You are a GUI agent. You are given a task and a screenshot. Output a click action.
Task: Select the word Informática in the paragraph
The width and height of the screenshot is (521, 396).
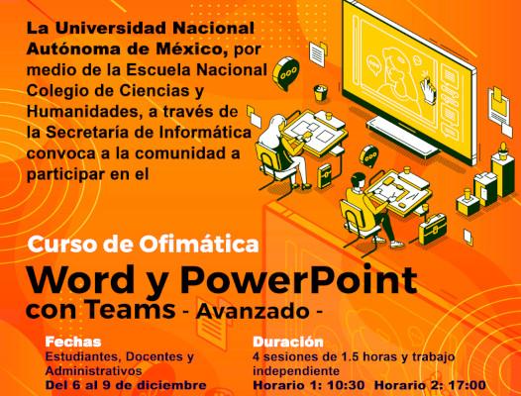(x=205, y=133)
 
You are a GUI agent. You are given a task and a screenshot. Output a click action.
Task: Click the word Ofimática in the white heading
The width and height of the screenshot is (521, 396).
(x=199, y=244)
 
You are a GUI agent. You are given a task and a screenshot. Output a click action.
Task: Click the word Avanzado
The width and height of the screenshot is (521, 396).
(x=253, y=311)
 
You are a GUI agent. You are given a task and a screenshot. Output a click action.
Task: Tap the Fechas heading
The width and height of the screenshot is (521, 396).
(x=73, y=342)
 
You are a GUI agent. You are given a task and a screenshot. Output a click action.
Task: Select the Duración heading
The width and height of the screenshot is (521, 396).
(x=288, y=342)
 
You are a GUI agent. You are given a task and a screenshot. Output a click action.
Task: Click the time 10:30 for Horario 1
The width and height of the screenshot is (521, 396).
(x=347, y=385)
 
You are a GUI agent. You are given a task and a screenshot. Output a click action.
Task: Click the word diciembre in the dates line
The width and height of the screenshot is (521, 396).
(x=171, y=385)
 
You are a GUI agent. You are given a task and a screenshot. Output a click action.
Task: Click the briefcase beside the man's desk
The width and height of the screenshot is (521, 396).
(x=433, y=229)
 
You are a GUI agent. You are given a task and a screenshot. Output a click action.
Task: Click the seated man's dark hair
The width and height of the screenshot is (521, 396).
(x=359, y=179)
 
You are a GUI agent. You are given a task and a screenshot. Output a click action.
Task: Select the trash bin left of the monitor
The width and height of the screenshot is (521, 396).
(x=320, y=93)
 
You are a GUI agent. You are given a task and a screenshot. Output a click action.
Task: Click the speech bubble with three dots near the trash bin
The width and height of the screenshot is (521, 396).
(x=285, y=73)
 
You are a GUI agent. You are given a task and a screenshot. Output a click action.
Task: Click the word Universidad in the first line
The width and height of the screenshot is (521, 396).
(x=111, y=29)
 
